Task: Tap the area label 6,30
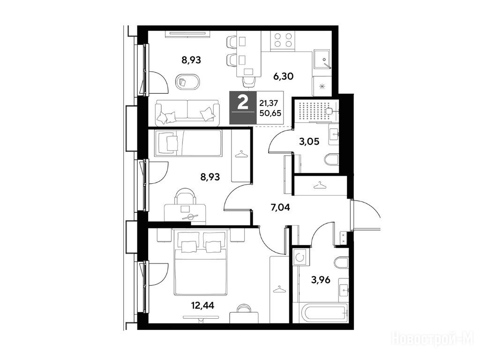click(x=283, y=76)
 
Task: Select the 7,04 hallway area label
click(x=280, y=208)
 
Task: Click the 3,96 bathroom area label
click(x=321, y=280)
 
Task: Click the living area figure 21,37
click(x=270, y=103)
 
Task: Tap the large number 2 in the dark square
click(x=243, y=103)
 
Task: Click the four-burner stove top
click(x=283, y=40)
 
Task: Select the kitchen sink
click(x=322, y=61)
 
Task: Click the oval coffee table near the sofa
click(x=187, y=82)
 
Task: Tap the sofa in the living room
click(x=187, y=112)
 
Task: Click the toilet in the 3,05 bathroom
click(x=331, y=160)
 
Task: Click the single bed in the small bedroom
click(x=188, y=143)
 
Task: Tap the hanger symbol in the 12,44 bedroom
click(x=278, y=289)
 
